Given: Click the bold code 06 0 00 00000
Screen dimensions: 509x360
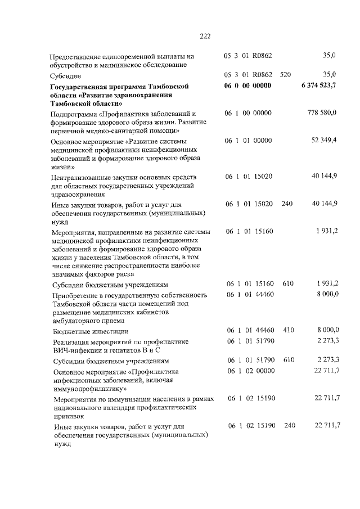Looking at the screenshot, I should pyautogui.click(x=248, y=85).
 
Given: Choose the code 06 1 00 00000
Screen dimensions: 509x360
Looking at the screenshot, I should pyautogui.click(x=248, y=113).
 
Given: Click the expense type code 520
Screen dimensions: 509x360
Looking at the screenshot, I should pyautogui.click(x=286, y=74).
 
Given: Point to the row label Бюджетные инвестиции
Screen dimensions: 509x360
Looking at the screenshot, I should pyautogui.click(x=91, y=331).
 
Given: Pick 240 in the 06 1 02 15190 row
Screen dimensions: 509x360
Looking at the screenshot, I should pyautogui.click(x=290, y=425).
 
